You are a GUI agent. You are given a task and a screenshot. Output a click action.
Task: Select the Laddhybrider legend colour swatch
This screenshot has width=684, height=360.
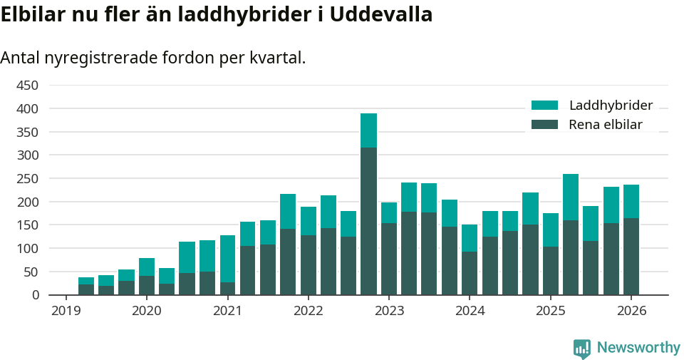[545, 106]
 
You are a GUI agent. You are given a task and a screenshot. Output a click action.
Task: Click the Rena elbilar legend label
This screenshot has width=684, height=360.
[606, 125]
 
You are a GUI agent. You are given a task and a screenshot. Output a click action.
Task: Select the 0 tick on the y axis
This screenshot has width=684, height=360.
[34, 295]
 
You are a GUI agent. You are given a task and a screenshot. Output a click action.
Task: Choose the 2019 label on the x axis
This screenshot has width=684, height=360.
[66, 311]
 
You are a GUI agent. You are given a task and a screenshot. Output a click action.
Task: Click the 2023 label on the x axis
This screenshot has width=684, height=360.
[389, 311]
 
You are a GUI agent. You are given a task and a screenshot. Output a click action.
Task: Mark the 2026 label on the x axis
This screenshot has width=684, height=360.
[631, 311]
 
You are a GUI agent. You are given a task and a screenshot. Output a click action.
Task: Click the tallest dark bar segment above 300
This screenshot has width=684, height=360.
[368, 221]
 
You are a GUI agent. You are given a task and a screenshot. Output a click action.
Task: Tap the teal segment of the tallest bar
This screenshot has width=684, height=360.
[368, 130]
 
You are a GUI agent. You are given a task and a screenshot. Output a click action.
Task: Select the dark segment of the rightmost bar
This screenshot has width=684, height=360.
[631, 257]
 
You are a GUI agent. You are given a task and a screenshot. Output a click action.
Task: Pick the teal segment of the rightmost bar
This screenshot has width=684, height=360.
[631, 202]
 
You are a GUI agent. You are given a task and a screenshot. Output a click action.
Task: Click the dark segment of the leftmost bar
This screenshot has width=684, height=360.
[86, 289]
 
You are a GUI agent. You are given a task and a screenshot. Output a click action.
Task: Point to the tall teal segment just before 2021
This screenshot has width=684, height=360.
[227, 259]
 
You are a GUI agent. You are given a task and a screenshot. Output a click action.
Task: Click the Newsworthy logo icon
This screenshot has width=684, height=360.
[582, 348]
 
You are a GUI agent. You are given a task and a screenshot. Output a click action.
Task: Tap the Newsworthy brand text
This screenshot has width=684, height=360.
[638, 348]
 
